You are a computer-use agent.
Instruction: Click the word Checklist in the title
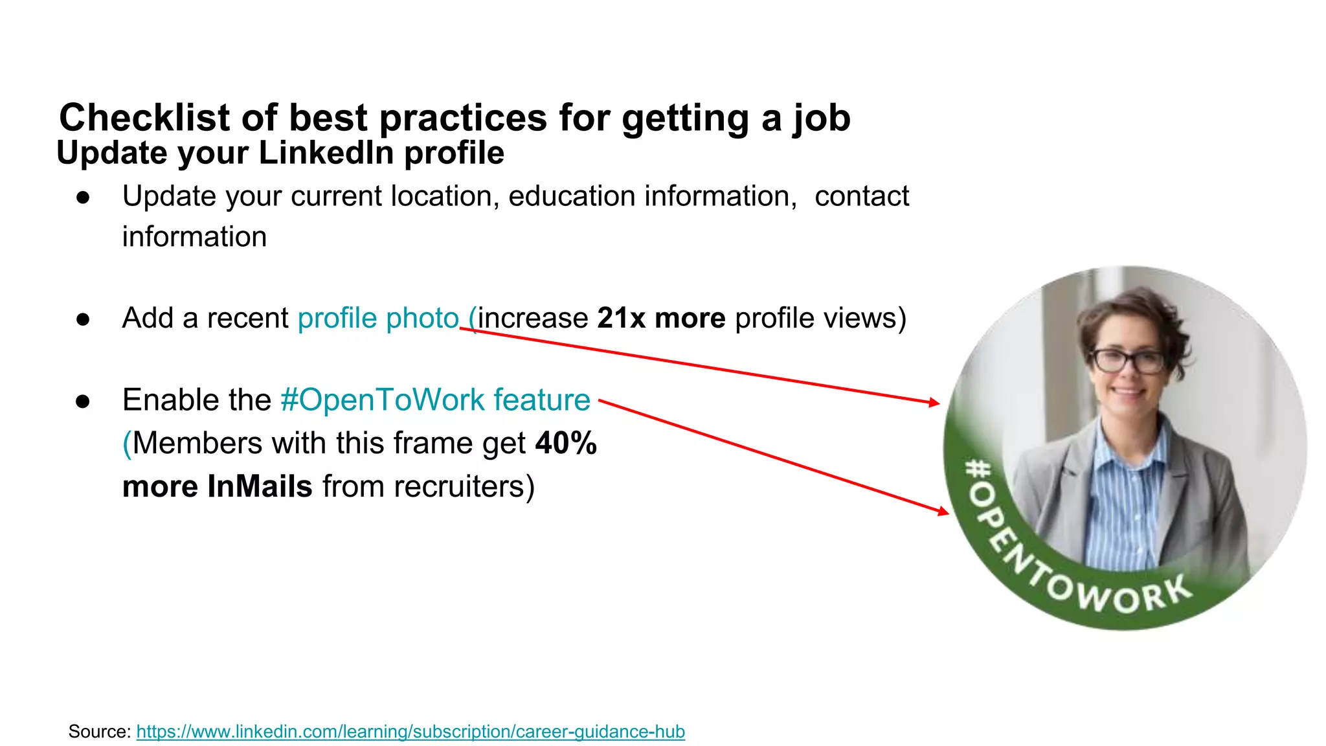tap(144, 118)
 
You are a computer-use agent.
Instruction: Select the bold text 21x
tap(621, 318)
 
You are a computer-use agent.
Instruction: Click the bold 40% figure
tap(566, 444)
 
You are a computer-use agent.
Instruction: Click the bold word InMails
tap(260, 486)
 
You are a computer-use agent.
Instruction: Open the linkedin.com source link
tap(410, 732)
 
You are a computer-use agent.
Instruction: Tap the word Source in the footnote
tap(99, 732)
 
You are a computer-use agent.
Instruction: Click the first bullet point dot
tap(83, 198)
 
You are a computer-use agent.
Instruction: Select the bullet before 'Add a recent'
tap(83, 319)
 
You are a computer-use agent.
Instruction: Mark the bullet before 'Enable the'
tap(83, 401)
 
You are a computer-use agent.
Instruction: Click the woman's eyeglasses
tap(1129, 360)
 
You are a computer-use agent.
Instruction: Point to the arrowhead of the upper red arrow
tap(934, 402)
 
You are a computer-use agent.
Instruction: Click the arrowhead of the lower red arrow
tap(943, 512)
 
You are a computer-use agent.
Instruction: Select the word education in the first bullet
tap(572, 196)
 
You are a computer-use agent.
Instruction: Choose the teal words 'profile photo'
tap(378, 318)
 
